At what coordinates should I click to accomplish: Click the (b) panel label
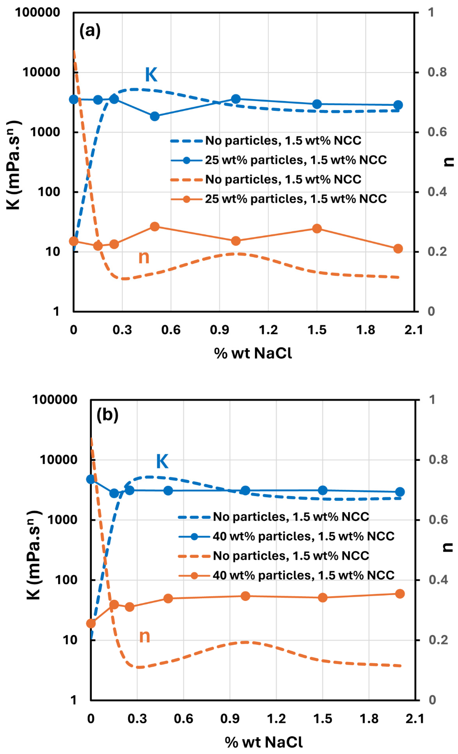(107, 415)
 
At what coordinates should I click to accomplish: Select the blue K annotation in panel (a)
(151, 74)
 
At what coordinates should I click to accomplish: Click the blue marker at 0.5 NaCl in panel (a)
(155, 116)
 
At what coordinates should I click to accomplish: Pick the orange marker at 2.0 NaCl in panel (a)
(398, 248)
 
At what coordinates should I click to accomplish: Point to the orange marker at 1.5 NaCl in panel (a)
(317, 228)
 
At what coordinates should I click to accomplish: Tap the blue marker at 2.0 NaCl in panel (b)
(400, 492)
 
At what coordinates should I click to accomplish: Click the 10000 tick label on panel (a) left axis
(41, 72)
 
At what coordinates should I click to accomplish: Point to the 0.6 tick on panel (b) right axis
(438, 520)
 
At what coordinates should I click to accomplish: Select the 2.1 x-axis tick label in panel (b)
(415, 719)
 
